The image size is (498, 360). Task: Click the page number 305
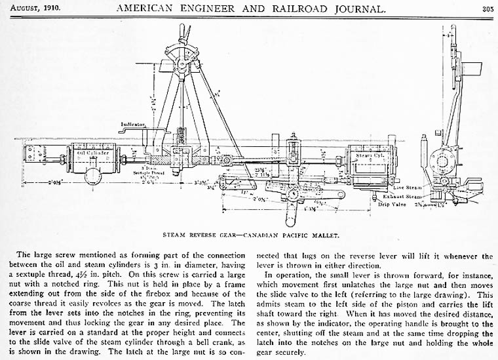click(487, 9)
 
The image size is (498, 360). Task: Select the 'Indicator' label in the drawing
click(134, 123)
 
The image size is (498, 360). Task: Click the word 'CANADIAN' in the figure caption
click(256, 232)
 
